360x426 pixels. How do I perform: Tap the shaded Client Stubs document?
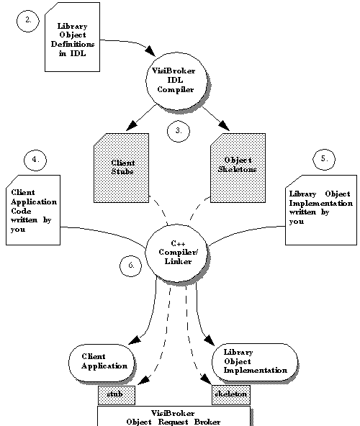click(121, 168)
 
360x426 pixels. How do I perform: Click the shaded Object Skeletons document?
click(238, 168)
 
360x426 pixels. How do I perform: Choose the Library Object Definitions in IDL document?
click(72, 37)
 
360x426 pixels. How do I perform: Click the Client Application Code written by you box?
click(33, 210)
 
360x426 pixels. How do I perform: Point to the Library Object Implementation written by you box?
click(321, 210)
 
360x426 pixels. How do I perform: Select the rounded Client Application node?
click(102, 363)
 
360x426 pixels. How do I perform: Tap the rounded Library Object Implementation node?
click(254, 362)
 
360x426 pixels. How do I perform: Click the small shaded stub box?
click(117, 395)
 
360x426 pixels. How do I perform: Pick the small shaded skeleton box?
click(231, 395)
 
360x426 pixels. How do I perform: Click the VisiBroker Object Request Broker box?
click(174, 416)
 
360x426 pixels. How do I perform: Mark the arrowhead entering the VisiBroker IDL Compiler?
click(150, 51)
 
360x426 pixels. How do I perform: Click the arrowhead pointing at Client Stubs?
click(132, 125)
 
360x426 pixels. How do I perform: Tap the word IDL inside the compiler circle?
click(175, 80)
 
